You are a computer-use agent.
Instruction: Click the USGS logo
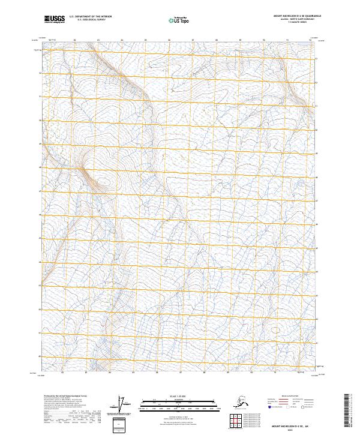pyautogui.click(x=54, y=20)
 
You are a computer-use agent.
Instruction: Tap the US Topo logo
pyautogui.click(x=180, y=20)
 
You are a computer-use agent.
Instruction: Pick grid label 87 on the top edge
pyautogui.click(x=193, y=40)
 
